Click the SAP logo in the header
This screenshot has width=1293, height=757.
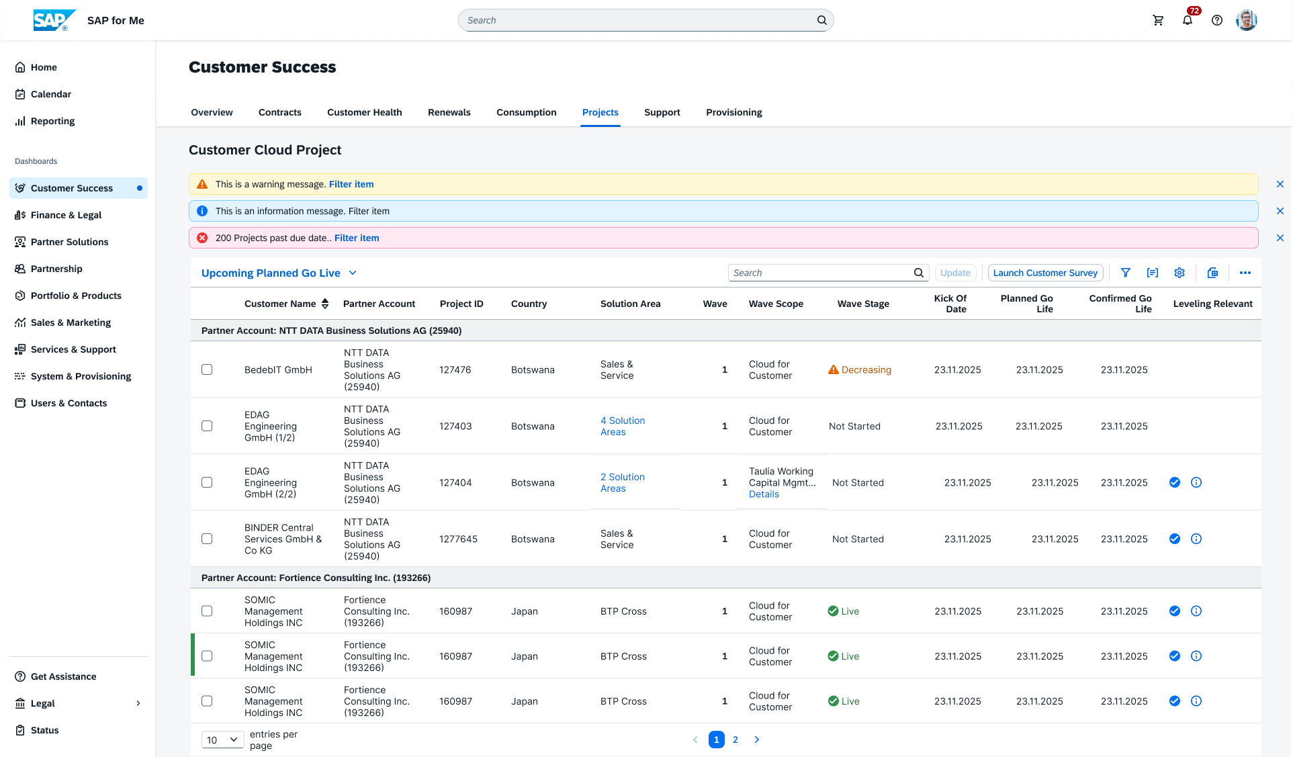(x=54, y=20)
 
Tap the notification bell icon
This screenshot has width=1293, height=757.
(x=1188, y=20)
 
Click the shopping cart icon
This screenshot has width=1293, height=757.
(x=1158, y=20)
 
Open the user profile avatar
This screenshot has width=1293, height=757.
(x=1247, y=20)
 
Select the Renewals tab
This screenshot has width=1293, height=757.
(x=449, y=112)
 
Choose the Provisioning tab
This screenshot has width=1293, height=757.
(x=734, y=112)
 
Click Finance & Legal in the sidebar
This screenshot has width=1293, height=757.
(x=66, y=215)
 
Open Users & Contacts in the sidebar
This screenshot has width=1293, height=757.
(x=69, y=403)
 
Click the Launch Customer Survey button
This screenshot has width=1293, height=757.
(x=1045, y=273)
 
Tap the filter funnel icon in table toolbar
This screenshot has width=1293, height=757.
(x=1126, y=273)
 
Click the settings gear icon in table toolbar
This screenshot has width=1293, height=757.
(x=1179, y=273)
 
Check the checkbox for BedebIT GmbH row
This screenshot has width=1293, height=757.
(x=207, y=369)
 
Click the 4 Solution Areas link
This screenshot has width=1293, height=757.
(x=623, y=426)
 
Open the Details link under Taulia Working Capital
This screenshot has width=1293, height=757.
(x=764, y=494)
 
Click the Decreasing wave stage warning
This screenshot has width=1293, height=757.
(x=860, y=369)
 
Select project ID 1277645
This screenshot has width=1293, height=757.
(x=458, y=539)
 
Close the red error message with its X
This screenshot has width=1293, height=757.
(x=1280, y=238)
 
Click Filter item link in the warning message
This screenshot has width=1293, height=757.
(x=351, y=184)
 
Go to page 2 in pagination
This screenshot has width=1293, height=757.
(x=735, y=740)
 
